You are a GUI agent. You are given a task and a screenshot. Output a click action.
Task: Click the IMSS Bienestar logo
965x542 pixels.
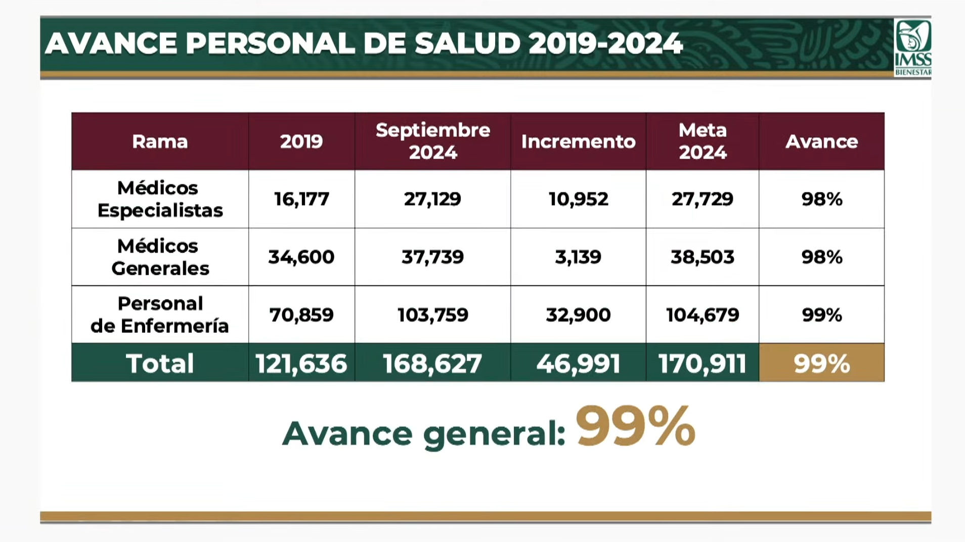[x=912, y=47]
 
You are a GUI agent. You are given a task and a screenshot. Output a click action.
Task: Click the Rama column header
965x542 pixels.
[x=160, y=141]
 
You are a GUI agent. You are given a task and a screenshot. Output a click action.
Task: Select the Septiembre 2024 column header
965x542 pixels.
[x=433, y=141]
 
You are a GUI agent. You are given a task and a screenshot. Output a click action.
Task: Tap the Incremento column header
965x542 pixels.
[x=578, y=141]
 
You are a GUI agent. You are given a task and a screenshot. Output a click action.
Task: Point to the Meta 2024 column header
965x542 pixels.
[x=703, y=141]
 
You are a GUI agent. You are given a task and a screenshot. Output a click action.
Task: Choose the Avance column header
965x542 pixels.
[x=821, y=141]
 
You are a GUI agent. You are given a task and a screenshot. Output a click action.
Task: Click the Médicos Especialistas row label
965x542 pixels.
[x=160, y=199]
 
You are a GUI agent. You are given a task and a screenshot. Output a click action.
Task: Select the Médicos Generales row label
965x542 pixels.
[x=160, y=257]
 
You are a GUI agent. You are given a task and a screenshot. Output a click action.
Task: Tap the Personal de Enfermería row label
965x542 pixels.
[x=160, y=315]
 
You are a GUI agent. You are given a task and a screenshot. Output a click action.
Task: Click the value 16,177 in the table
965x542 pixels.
[x=301, y=199]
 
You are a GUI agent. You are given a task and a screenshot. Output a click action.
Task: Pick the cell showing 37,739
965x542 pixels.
[x=433, y=257]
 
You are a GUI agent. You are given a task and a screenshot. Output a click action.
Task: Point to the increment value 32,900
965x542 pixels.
[x=578, y=315]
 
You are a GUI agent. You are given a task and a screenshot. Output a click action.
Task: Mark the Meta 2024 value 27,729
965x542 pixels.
[x=703, y=199]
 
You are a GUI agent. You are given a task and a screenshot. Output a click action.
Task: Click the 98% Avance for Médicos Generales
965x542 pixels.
[x=821, y=257]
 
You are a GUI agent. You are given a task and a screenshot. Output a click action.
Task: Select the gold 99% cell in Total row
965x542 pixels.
[x=821, y=363]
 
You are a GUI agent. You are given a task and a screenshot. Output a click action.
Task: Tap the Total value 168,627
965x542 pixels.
[x=433, y=363]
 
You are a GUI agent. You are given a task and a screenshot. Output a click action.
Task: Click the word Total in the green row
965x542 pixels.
[x=160, y=363]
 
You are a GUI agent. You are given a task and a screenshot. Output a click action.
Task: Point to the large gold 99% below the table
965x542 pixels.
[x=635, y=427]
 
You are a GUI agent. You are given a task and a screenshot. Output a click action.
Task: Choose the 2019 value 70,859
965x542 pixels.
[x=301, y=315]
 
